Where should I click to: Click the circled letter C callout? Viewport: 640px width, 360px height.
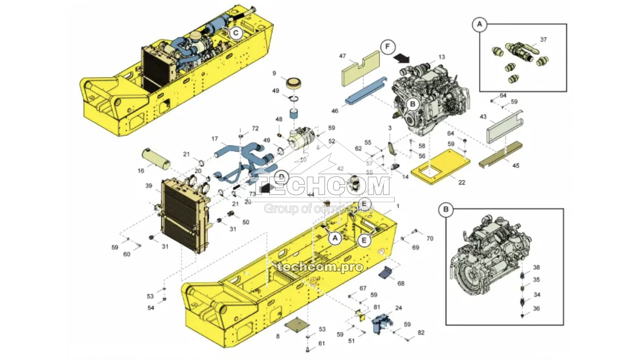[236, 32]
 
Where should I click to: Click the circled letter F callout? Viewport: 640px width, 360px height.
[387, 47]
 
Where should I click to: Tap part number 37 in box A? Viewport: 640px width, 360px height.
[543, 40]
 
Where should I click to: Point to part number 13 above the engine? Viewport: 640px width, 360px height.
[441, 57]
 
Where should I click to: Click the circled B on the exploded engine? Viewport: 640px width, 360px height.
[412, 104]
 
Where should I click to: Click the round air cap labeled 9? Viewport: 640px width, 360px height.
[293, 84]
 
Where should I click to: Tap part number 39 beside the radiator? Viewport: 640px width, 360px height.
[149, 186]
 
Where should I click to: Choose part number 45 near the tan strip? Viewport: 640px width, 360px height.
[516, 166]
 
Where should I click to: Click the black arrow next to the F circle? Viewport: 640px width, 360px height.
[401, 59]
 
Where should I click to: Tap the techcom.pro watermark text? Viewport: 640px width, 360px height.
[320, 267]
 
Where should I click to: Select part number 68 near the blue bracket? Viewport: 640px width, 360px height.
[401, 283]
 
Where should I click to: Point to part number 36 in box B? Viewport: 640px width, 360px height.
[536, 308]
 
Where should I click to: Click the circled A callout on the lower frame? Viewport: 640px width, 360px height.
[335, 238]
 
